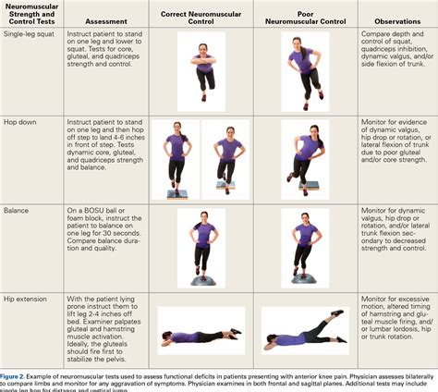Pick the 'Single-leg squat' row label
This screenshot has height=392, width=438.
tap(27, 34)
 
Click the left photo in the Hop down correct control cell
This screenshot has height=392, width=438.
tap(176, 159)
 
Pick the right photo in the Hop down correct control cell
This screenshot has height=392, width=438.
tap(225, 159)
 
